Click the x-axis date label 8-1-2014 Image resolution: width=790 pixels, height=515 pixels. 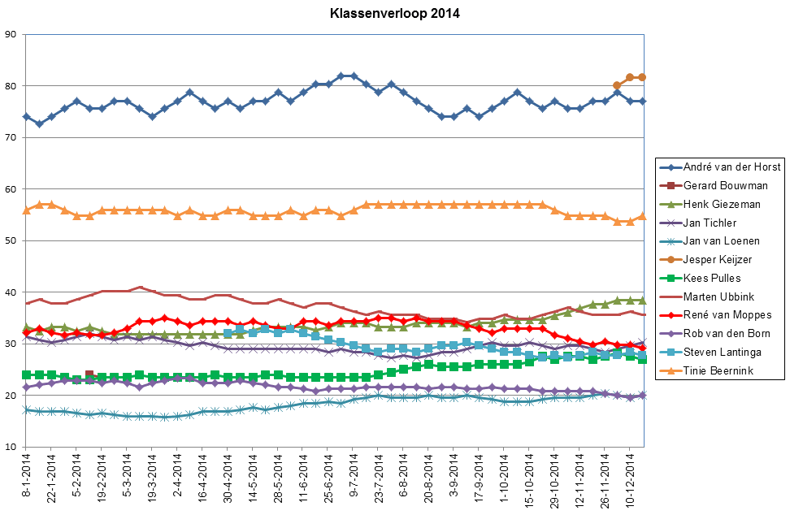click(x=26, y=480)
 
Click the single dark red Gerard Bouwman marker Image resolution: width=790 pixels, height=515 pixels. click(x=89, y=375)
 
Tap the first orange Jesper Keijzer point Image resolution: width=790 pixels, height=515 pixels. click(x=617, y=85)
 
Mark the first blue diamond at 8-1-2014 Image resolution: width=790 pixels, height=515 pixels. click(x=26, y=117)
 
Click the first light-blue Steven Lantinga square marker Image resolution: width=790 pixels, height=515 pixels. click(x=228, y=334)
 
